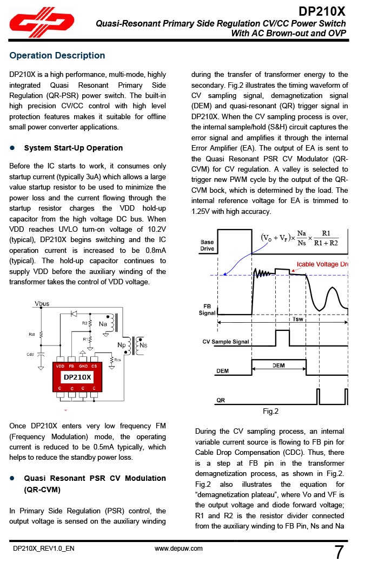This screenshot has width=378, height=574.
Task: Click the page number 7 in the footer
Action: pos(339,552)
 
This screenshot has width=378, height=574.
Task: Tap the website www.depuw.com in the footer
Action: pos(178,549)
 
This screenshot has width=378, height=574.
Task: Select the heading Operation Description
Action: pos(57,55)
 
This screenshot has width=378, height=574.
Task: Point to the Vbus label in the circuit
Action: pos(42,304)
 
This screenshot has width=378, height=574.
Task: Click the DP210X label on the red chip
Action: pos(77,377)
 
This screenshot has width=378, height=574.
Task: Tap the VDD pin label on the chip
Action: pos(60,367)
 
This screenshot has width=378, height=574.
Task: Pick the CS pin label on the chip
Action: pos(94,367)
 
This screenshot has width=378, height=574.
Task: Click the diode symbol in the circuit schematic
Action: pos(74,314)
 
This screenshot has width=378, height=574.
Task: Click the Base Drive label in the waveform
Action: pos(207,245)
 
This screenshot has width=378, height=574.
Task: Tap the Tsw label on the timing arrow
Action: pos(297,319)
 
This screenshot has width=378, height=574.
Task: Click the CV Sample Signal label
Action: pos(226,342)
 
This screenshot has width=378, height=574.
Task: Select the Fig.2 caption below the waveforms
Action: pos(270,412)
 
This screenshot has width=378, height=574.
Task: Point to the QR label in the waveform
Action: pos(220,400)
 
